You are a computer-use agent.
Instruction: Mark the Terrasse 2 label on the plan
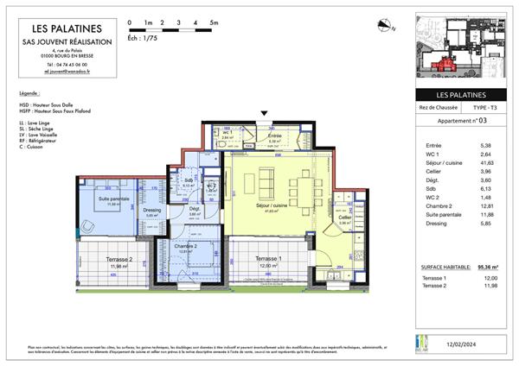118,262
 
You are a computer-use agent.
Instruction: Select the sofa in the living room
266,182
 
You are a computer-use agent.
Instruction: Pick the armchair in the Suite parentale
88,226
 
